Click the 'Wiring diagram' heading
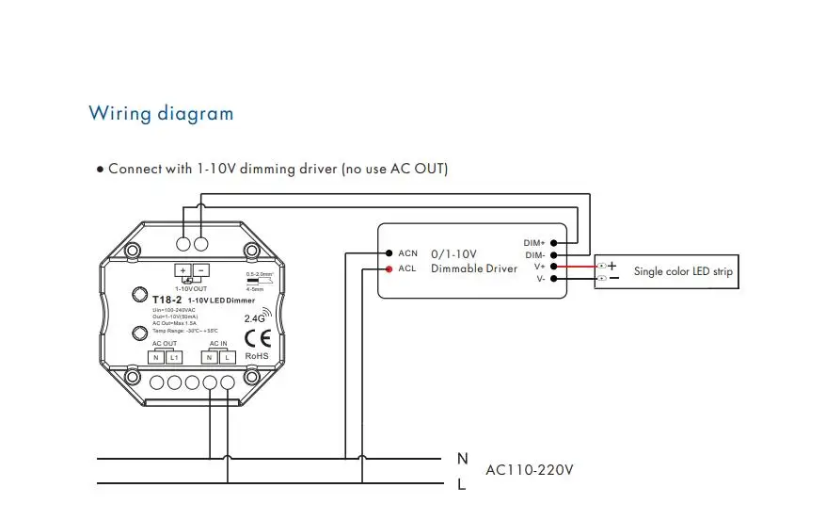(161, 114)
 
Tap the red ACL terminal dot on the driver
(388, 268)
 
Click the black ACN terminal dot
(388, 253)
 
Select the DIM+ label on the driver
(534, 243)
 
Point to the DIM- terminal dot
(554, 255)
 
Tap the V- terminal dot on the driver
(554, 279)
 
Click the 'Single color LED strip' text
(683, 271)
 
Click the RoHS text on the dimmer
(257, 357)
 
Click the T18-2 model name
(166, 300)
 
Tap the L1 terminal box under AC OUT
(175, 359)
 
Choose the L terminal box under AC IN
(228, 359)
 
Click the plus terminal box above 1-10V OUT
(183, 270)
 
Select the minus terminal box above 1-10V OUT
(200, 270)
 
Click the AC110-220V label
(530, 469)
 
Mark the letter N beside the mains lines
(462, 459)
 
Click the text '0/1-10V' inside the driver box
(453, 253)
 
